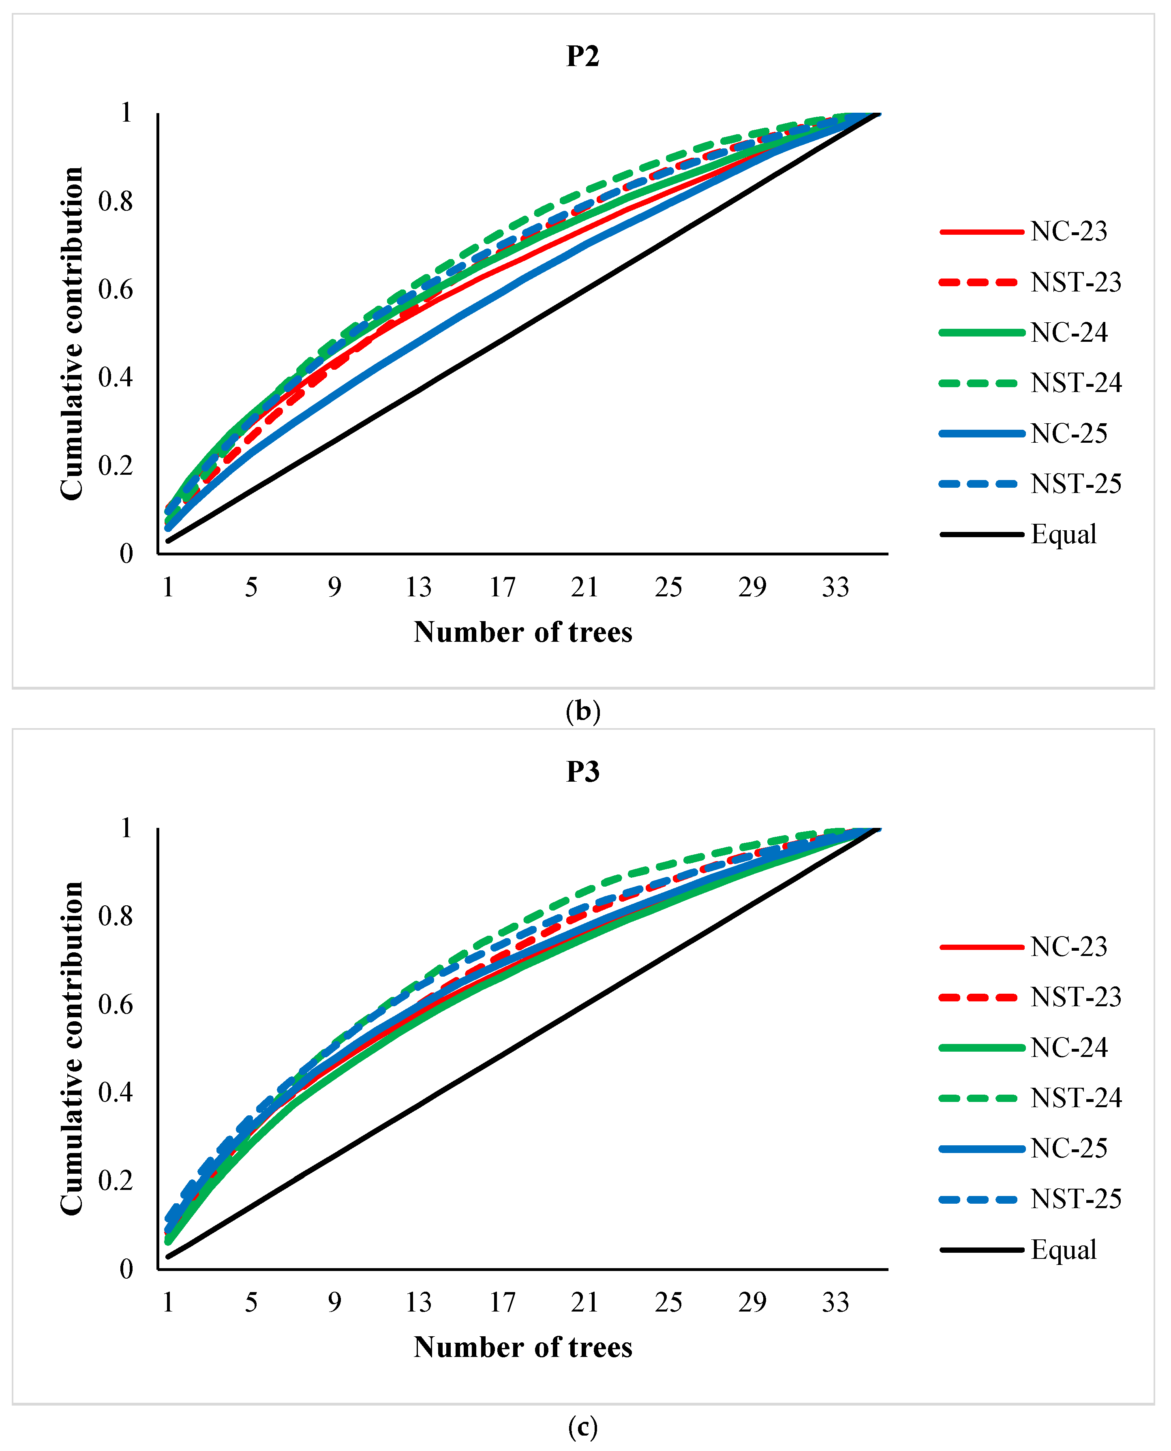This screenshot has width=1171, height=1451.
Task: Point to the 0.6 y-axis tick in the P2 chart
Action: pos(116,289)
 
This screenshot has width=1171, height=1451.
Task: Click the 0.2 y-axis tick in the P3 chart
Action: pos(116,1181)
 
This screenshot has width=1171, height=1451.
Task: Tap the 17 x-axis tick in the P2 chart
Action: pos(502,587)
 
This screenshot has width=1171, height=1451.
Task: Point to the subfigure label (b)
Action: pos(583,711)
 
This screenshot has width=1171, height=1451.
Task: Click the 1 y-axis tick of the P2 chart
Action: pos(126,113)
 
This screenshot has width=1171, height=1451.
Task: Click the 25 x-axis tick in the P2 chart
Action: pos(668,587)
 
